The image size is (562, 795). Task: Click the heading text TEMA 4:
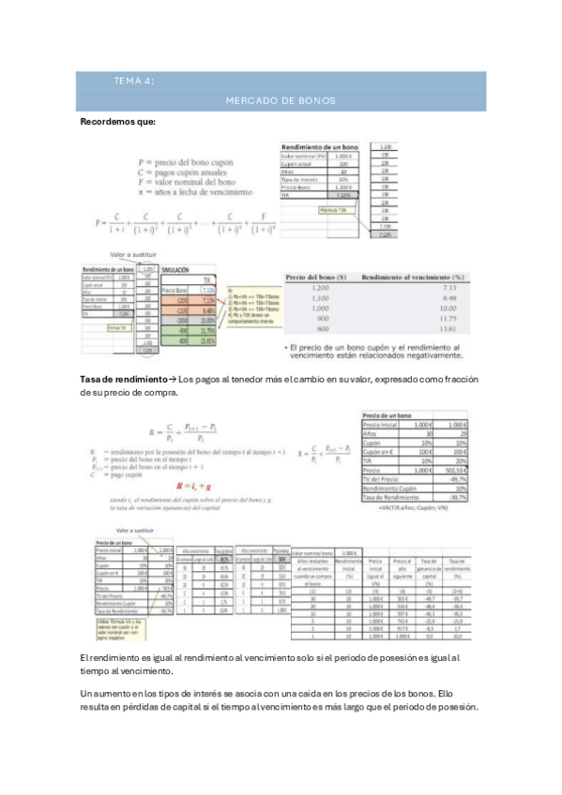(x=133, y=82)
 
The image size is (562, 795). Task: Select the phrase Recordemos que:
(x=117, y=122)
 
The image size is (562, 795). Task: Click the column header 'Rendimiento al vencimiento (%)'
(x=414, y=277)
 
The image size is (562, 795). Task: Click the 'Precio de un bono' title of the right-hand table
(x=387, y=413)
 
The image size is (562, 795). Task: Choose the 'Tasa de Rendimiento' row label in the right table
(x=387, y=496)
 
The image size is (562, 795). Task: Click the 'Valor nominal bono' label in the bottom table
(x=313, y=553)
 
